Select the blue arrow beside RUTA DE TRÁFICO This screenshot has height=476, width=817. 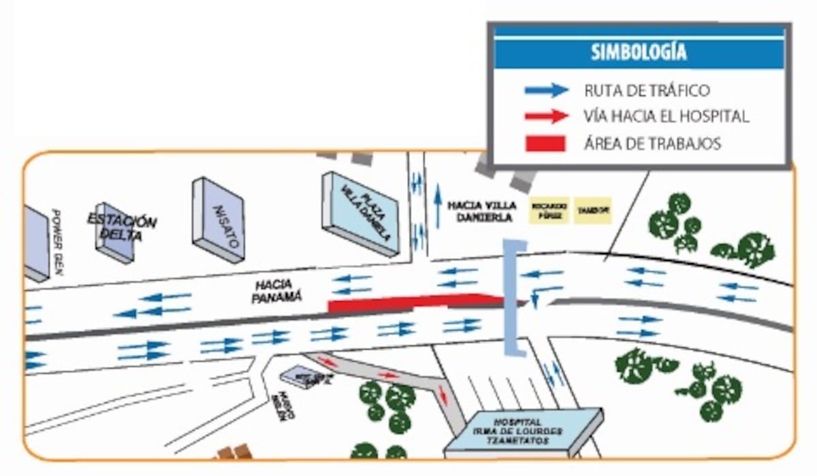pos(546,90)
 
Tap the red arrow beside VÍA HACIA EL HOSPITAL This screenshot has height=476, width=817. pos(546,116)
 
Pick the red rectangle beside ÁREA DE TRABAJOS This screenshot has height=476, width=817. pos(545,143)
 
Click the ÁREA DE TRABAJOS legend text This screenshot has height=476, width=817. pos(652,143)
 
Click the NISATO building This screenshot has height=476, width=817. pos(219,219)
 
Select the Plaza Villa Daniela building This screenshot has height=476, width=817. pos(361,213)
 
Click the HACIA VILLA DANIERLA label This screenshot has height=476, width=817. pos(482,211)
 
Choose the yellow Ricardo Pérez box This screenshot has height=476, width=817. pos(549,210)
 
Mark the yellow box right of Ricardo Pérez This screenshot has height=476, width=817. pos(593,210)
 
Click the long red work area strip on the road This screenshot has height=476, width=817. pos(415,302)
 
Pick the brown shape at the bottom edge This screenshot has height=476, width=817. pos(234,452)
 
